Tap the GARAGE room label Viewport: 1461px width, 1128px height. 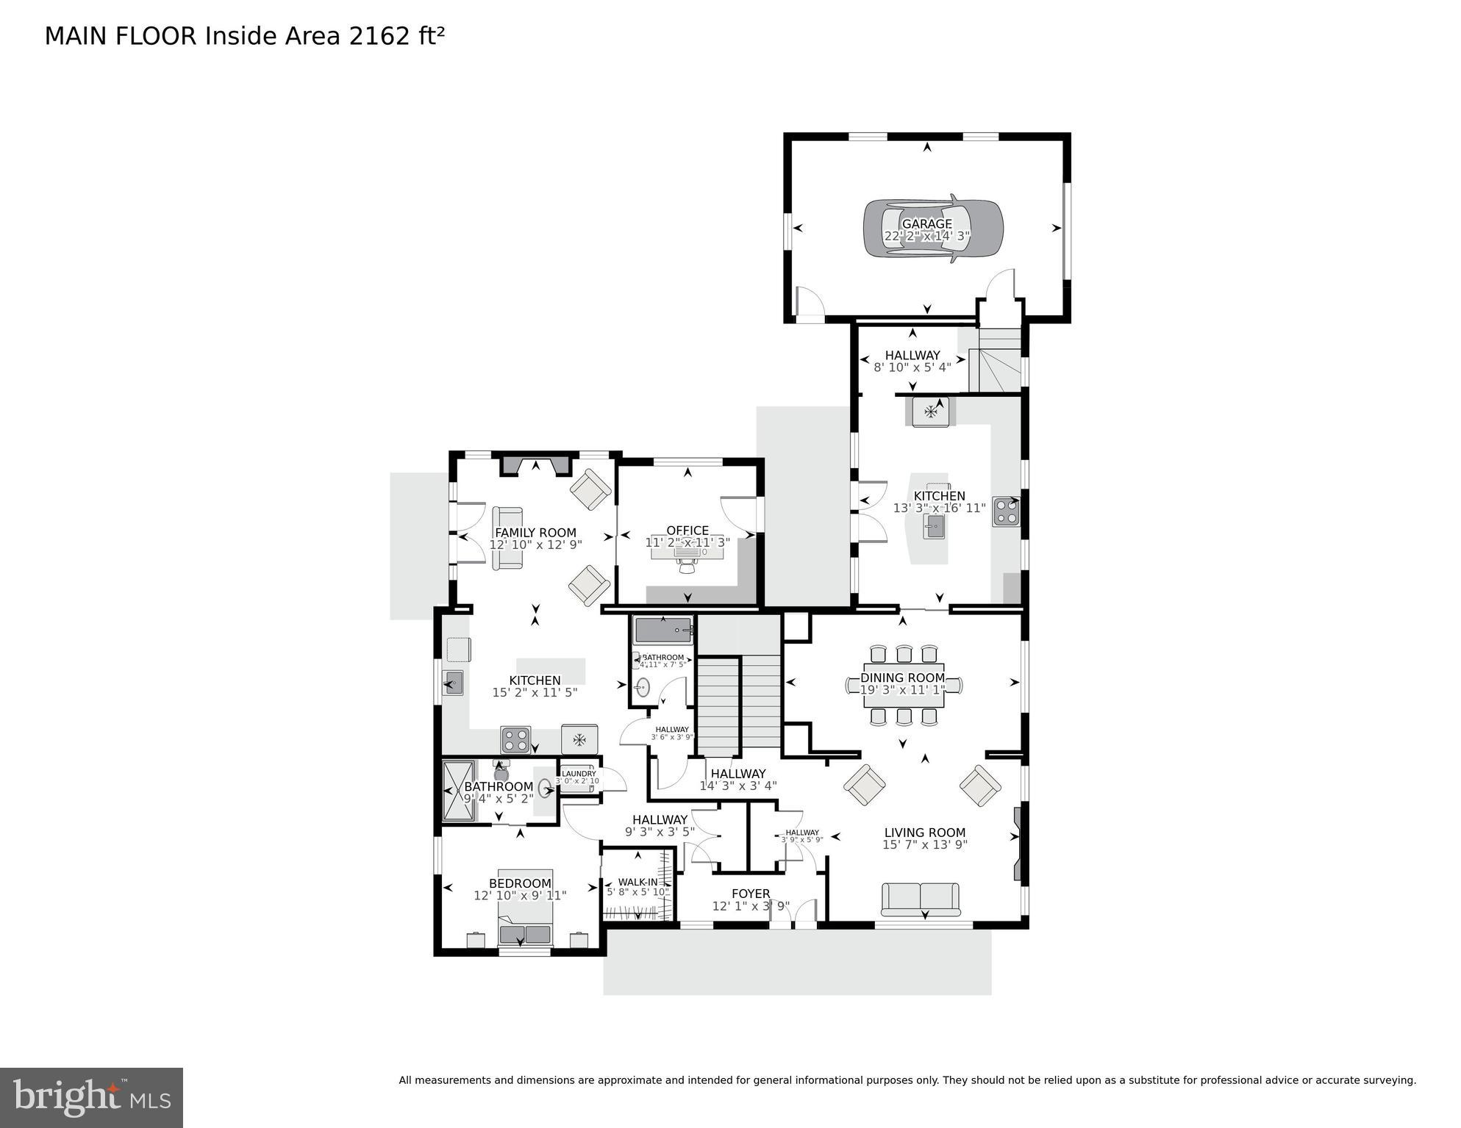926,224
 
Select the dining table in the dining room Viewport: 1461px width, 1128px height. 903,685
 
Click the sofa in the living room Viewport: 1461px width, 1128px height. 920,899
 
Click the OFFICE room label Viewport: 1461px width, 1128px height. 687,531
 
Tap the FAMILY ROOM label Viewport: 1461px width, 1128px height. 535,533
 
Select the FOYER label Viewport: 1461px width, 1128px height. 751,894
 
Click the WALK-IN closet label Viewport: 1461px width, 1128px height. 637,882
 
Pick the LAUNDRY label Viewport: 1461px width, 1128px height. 579,773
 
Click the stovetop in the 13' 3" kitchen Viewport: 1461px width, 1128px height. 1006,511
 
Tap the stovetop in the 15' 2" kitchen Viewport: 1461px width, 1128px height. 515,739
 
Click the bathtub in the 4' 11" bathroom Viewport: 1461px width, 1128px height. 663,631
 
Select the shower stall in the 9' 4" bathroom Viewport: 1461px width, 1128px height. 458,790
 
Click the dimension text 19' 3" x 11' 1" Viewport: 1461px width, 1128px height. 902,690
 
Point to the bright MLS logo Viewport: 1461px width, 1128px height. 91,1097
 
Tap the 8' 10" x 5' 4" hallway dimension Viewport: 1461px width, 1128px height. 912,367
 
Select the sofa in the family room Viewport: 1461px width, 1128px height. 507,537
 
